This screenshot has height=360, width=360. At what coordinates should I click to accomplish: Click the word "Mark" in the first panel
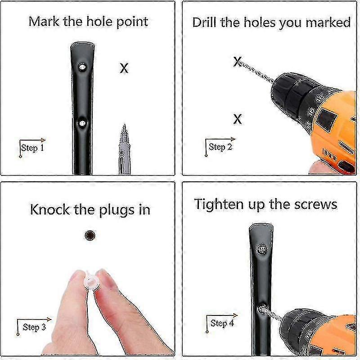[x=44, y=22]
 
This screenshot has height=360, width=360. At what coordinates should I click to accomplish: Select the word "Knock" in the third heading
[x=50, y=210]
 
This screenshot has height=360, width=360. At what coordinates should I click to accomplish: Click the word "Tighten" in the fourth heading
[x=219, y=204]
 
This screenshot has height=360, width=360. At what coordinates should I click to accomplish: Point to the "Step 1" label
[x=32, y=148]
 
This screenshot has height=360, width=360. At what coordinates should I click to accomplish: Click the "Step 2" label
[x=220, y=147]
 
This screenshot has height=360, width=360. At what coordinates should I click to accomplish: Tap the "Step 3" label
[x=34, y=327]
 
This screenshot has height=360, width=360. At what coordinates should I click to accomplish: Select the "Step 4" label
[x=222, y=323]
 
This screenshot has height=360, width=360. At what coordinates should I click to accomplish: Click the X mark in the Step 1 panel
[x=124, y=68]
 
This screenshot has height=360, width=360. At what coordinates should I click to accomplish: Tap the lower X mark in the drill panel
[x=238, y=119]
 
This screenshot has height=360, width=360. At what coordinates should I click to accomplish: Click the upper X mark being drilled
[x=238, y=62]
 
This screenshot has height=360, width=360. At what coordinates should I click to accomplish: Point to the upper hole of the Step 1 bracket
[x=82, y=67]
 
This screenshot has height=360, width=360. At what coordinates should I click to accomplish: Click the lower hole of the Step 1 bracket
[x=82, y=123]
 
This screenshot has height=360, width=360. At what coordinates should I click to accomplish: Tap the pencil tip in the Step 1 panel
[x=125, y=125]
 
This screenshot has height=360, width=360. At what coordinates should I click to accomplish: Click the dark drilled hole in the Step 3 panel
[x=90, y=235]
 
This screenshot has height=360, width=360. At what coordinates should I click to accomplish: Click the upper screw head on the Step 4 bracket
[x=261, y=249]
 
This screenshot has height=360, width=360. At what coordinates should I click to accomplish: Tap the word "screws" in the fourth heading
[x=316, y=205]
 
